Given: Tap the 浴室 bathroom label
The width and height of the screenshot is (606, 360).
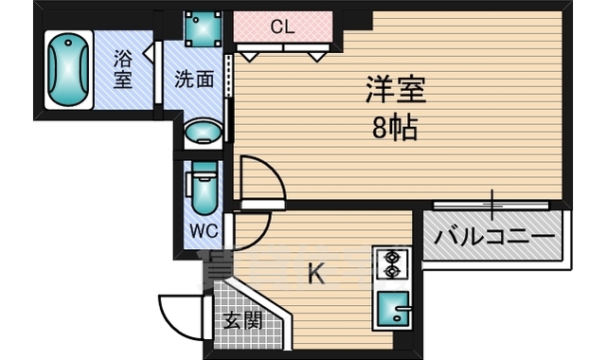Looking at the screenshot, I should coord(124,68).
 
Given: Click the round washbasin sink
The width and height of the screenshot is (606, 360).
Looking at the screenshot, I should coord(201,133).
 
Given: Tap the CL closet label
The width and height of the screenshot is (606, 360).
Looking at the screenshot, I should coord(283,27).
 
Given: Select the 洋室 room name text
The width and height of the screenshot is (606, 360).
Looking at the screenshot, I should coord(397,91).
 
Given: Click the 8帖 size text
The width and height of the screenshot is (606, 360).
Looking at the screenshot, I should coord(395,128).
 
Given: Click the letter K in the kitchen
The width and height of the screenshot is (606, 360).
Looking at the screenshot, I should coord(316,276).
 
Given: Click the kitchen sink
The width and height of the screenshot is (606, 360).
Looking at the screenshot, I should coord(391,308).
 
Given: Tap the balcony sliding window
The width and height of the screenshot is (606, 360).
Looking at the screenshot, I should coord(492,204).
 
